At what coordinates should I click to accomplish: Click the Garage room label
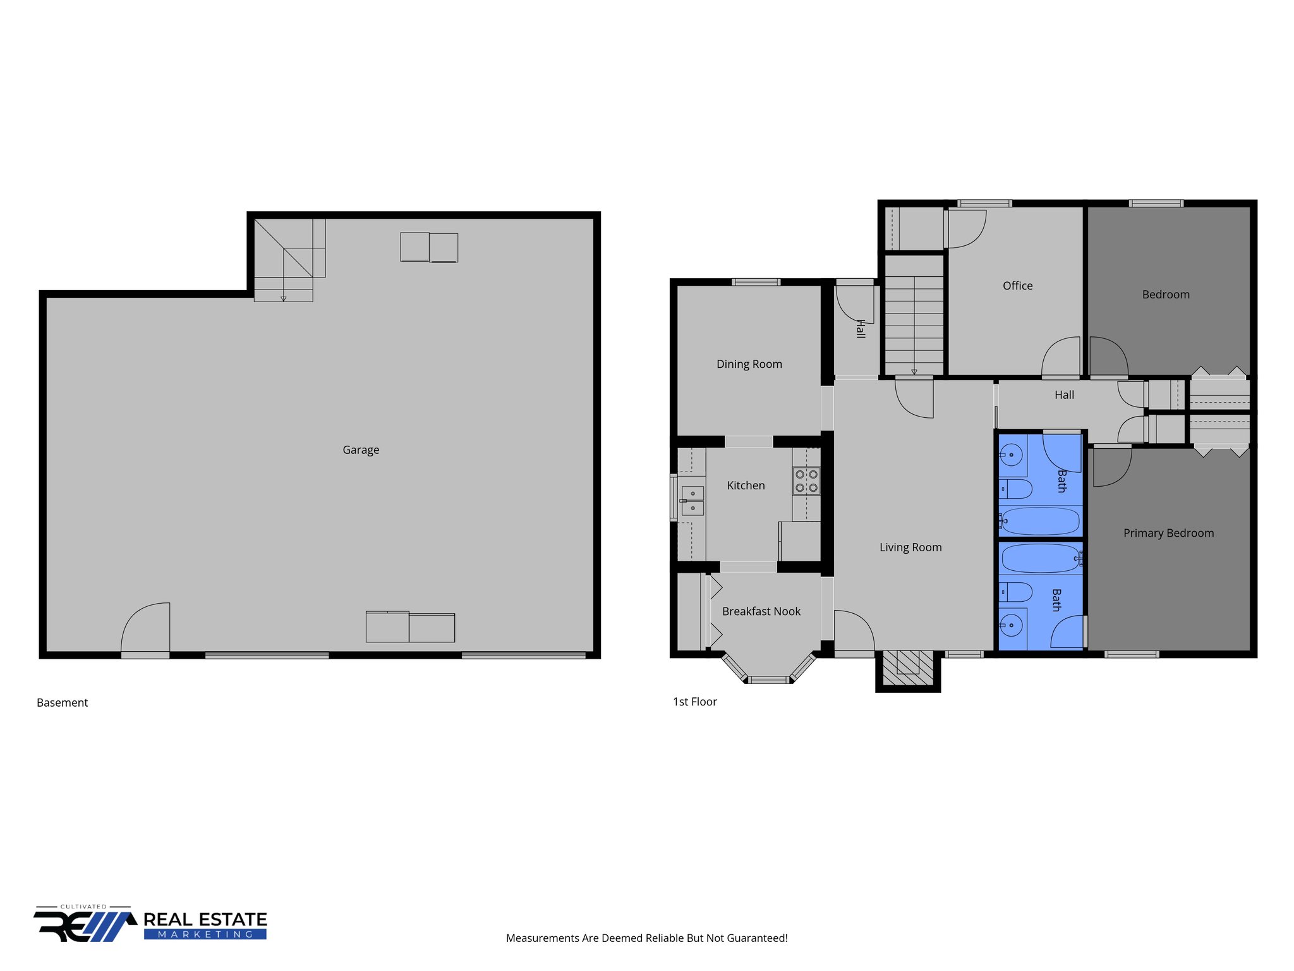coord(361,450)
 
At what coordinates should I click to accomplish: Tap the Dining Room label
coord(749,364)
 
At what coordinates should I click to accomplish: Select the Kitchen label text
coord(746,485)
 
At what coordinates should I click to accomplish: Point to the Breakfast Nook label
coord(761,611)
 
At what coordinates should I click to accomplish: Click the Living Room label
coord(910,547)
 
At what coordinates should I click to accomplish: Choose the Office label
coord(1017,286)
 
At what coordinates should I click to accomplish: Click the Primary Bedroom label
coord(1168,533)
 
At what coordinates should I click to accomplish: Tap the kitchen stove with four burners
coord(806,481)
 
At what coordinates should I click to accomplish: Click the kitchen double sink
coord(692,500)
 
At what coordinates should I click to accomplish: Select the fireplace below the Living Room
coord(907,668)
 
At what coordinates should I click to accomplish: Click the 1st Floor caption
coord(694,702)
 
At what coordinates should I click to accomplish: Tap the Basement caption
coord(62,703)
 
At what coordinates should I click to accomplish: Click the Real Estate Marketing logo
coord(151,925)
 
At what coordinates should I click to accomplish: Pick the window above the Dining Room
coord(756,282)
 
